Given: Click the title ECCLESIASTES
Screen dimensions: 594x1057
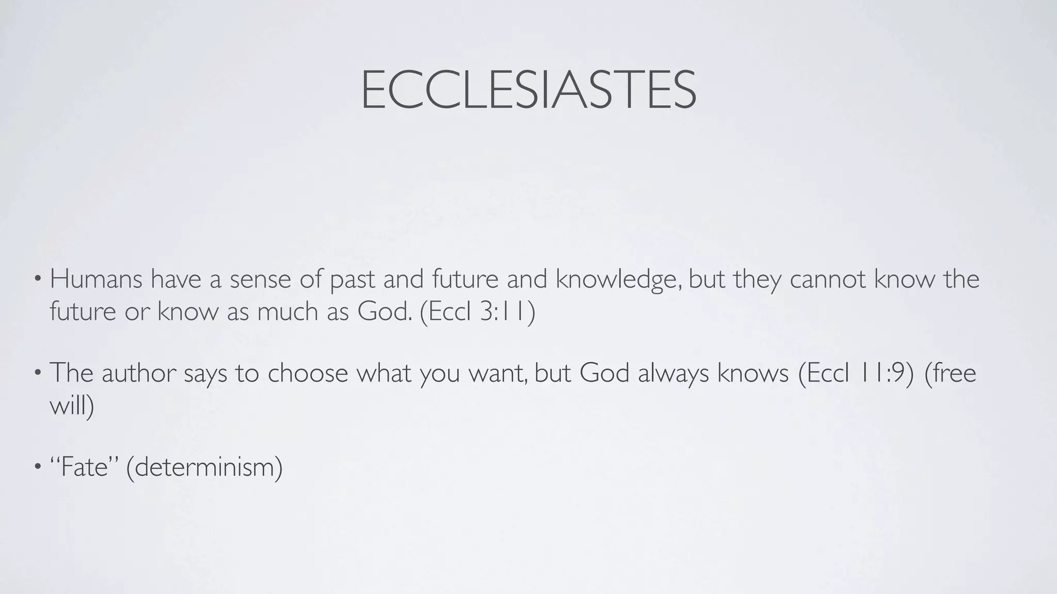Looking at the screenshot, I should point(528,90).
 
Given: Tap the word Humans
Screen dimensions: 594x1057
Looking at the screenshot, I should point(96,279).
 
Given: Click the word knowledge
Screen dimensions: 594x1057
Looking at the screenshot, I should point(618,280).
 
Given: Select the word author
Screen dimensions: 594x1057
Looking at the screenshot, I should point(139,373).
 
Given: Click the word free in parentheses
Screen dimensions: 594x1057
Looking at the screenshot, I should point(955,373).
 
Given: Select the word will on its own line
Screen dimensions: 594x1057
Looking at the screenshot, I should point(68,405).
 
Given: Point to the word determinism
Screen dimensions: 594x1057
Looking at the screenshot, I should point(204,467).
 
